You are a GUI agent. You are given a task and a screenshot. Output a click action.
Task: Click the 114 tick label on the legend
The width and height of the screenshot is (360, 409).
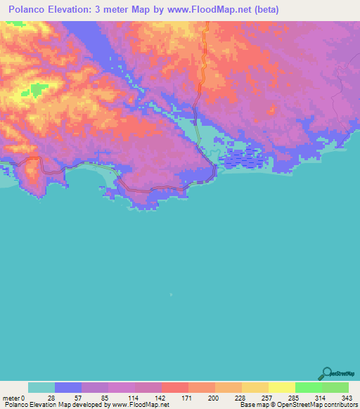click(x=135, y=397)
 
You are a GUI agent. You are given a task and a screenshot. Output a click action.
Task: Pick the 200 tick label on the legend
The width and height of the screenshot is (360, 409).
click(x=215, y=397)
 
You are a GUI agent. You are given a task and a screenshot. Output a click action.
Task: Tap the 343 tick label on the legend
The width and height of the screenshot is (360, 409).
click(x=347, y=397)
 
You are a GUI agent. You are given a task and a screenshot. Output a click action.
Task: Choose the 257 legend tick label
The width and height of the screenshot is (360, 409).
click(x=269, y=397)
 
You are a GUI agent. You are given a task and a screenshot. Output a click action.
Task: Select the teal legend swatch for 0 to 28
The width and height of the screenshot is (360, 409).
click(x=41, y=387)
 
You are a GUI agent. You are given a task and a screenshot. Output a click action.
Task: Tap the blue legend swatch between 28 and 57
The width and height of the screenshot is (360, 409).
click(x=68, y=387)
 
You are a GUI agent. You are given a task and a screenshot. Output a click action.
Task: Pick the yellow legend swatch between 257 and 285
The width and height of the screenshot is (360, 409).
click(x=282, y=387)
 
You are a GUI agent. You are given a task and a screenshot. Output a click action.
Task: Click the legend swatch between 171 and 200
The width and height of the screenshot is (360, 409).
click(x=202, y=387)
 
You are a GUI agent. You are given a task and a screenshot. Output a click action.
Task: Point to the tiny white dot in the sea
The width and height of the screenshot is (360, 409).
click(x=171, y=295)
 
